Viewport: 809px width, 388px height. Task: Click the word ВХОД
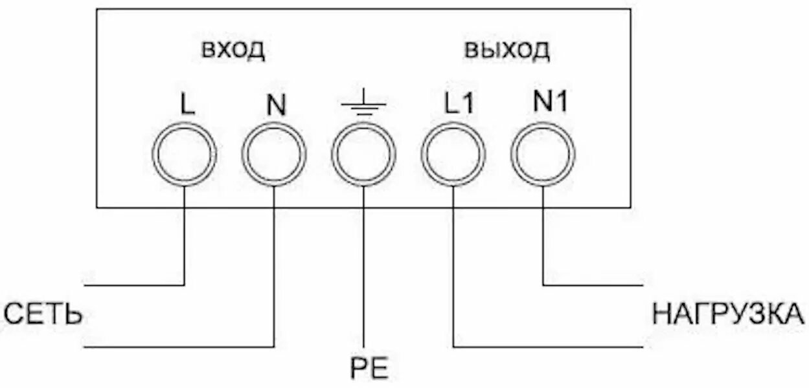pos(233,50)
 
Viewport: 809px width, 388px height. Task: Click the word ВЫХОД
pos(507,50)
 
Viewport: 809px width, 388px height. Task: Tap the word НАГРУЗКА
pos(729,316)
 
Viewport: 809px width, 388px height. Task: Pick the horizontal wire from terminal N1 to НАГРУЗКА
pos(593,285)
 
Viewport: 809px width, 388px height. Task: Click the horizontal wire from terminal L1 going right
pos(551,347)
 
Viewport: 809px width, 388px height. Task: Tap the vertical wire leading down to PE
pos(364,278)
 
